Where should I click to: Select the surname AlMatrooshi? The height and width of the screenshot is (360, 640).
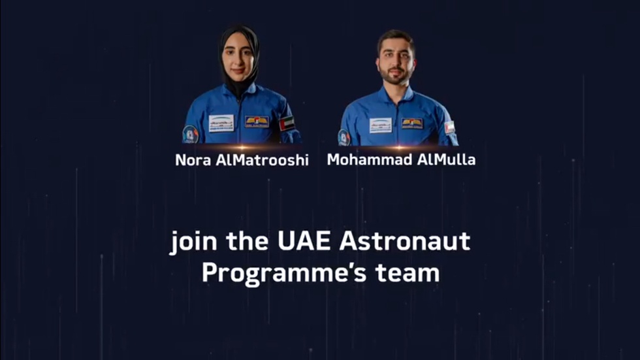click(x=262, y=160)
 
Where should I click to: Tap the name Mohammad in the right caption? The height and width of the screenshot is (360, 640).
click(x=370, y=159)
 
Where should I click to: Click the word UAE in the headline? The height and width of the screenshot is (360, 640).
click(x=304, y=241)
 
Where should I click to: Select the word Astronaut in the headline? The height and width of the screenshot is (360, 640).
click(x=404, y=241)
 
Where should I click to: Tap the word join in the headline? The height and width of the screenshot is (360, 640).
click(x=193, y=242)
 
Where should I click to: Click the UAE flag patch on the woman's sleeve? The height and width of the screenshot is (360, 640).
click(x=287, y=123)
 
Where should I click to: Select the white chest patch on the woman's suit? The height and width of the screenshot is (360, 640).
click(x=221, y=123)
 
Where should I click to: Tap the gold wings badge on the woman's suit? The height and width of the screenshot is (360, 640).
click(x=257, y=122)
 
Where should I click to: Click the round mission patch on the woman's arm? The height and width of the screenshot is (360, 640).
click(x=190, y=135)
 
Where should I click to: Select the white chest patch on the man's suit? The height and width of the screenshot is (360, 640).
click(x=380, y=125)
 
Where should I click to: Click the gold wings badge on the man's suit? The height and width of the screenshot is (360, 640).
click(x=412, y=123)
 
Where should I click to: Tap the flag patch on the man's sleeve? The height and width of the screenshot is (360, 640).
click(x=449, y=127)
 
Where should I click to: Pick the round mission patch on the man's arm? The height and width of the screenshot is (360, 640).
click(x=344, y=138)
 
